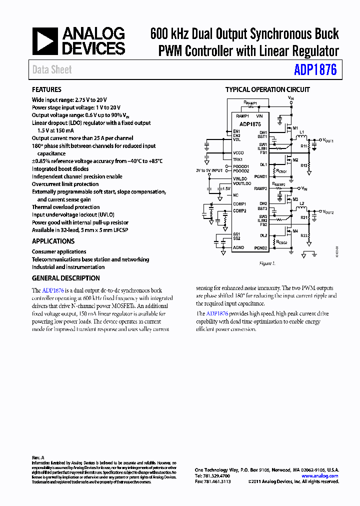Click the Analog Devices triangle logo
[45, 41]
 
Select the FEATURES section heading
[46, 89]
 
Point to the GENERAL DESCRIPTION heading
[66, 278]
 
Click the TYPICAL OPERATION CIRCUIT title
[267, 89]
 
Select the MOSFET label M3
[295, 199]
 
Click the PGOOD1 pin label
[242, 166]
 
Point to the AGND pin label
[238, 247]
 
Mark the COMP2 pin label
[240, 210]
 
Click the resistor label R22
[303, 236]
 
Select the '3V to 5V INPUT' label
[209, 170]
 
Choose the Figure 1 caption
[267, 263]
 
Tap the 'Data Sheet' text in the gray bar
[52, 70]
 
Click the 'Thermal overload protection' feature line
[65, 207]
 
